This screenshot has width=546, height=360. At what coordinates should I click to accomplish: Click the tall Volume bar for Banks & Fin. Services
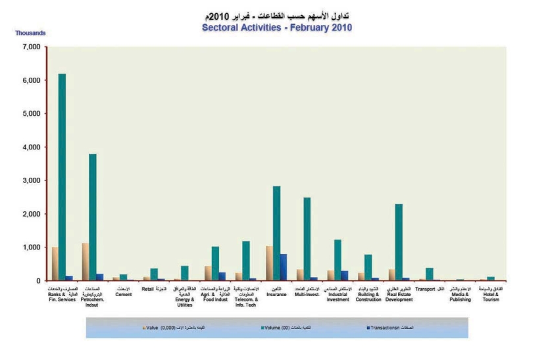tap(62, 178)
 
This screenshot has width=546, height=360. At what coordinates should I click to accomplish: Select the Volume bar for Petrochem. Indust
tap(93, 217)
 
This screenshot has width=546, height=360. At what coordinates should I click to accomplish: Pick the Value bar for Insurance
tap(269, 263)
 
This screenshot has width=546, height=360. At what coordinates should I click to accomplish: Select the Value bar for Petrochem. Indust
tap(85, 262)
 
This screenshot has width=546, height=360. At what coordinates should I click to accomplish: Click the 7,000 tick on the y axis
tap(31, 47)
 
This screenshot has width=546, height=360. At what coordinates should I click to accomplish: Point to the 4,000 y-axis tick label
tap(31, 147)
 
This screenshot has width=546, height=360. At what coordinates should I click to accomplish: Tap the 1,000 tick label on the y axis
tap(31, 247)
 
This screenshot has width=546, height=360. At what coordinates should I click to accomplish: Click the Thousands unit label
tap(30, 32)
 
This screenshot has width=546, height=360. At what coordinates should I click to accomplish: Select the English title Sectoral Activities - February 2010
tap(277, 28)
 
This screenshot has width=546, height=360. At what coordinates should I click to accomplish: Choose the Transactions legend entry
tap(384, 327)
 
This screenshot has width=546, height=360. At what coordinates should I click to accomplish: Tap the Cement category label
tap(123, 294)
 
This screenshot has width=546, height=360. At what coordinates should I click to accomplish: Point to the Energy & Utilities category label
tap(184, 301)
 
